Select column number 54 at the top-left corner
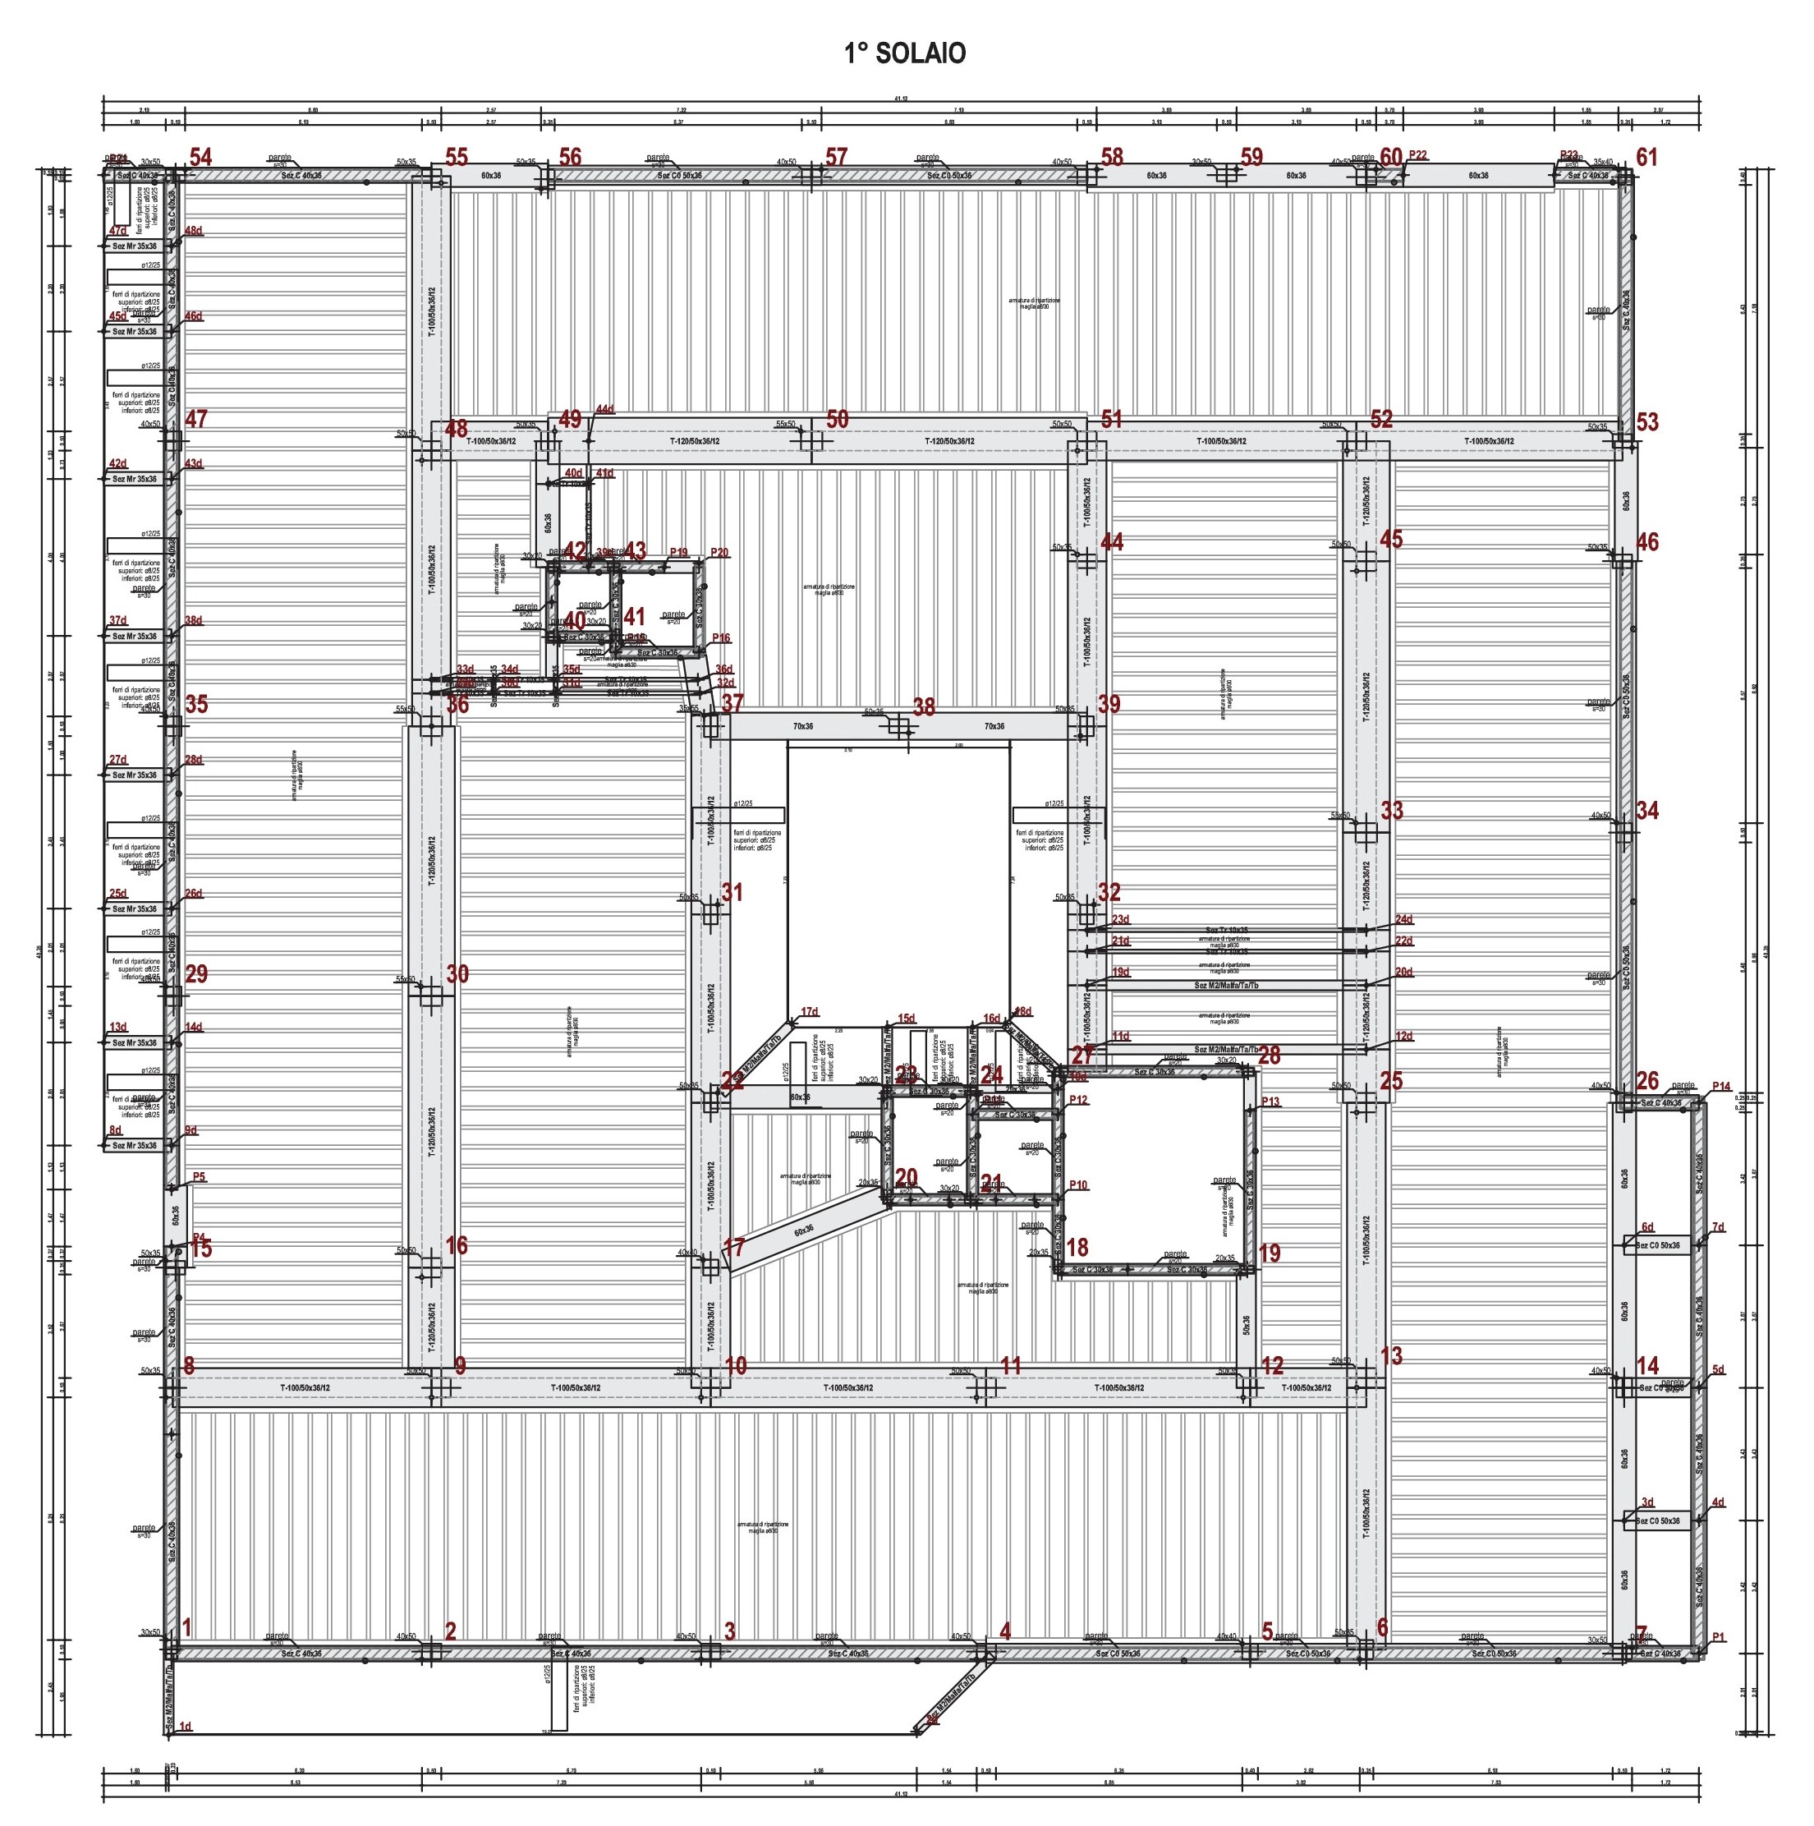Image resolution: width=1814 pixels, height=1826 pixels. point(200,158)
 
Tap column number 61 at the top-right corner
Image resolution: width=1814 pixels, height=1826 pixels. point(1646,158)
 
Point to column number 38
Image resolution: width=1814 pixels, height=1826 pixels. point(923,707)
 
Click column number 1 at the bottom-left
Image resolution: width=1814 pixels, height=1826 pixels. point(187,1626)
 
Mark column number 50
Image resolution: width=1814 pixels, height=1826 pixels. point(837,419)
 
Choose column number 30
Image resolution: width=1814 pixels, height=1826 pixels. point(457,973)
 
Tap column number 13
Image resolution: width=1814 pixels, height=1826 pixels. point(1392,1355)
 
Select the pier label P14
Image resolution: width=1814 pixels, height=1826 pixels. point(1720,1087)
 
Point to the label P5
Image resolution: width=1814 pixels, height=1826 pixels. point(199,1177)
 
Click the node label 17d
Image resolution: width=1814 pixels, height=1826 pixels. point(810,1012)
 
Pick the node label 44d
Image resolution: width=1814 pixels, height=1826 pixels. point(604,409)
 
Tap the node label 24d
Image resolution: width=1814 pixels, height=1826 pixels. point(1404,918)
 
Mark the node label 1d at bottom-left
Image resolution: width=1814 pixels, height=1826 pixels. point(186,1727)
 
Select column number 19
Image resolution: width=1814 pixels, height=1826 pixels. point(1270,1253)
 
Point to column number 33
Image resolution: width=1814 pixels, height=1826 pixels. point(1392,810)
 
